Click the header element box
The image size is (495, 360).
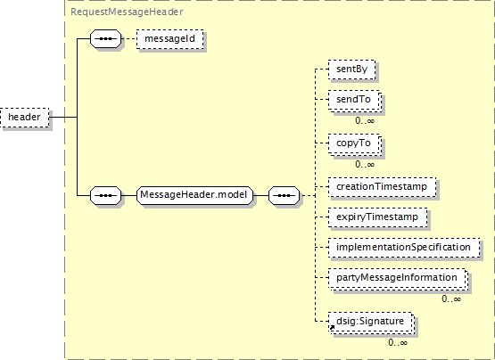pos(25,118)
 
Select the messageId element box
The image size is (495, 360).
pos(169,39)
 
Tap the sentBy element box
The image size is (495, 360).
pos(351,70)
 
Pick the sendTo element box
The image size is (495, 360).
pos(354,101)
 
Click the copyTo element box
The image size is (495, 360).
pos(354,143)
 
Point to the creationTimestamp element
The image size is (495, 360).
pos(382,187)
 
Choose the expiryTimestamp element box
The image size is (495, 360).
pos(377,217)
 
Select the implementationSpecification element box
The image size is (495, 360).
pos(404,248)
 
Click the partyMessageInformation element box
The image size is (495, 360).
pos(398,279)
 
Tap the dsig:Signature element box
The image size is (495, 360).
pos(371,323)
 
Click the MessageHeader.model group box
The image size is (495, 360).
pos(194,195)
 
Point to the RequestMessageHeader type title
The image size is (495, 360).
pos(127,12)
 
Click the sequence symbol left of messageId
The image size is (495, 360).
pos(106,39)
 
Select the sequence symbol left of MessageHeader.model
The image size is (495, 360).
pos(106,195)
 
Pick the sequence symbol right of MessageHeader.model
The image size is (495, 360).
pos(285,195)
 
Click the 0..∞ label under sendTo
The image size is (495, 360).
pos(365,120)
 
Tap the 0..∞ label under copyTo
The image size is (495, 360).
pos(365,164)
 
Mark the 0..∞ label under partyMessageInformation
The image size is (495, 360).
pos(451,299)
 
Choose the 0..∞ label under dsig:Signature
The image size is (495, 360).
pos(398,342)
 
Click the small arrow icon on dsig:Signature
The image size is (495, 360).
pos(332,328)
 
